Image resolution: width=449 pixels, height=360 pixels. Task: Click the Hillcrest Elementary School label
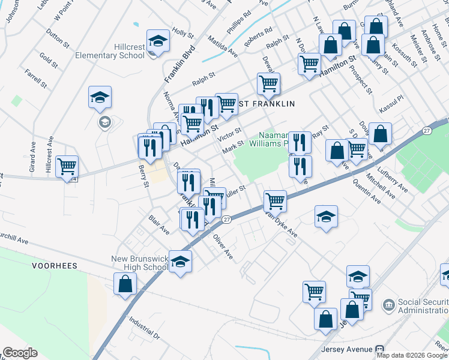click(119, 51)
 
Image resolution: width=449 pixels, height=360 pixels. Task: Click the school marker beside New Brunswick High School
click(180, 262)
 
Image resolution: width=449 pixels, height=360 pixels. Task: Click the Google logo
click(19, 353)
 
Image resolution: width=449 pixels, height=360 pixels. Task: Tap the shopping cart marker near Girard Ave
click(67, 166)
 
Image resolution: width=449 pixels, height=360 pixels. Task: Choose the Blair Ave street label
click(159, 226)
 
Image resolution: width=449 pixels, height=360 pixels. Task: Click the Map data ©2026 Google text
click(412, 355)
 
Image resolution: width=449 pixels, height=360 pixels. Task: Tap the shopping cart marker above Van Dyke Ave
click(275, 200)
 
